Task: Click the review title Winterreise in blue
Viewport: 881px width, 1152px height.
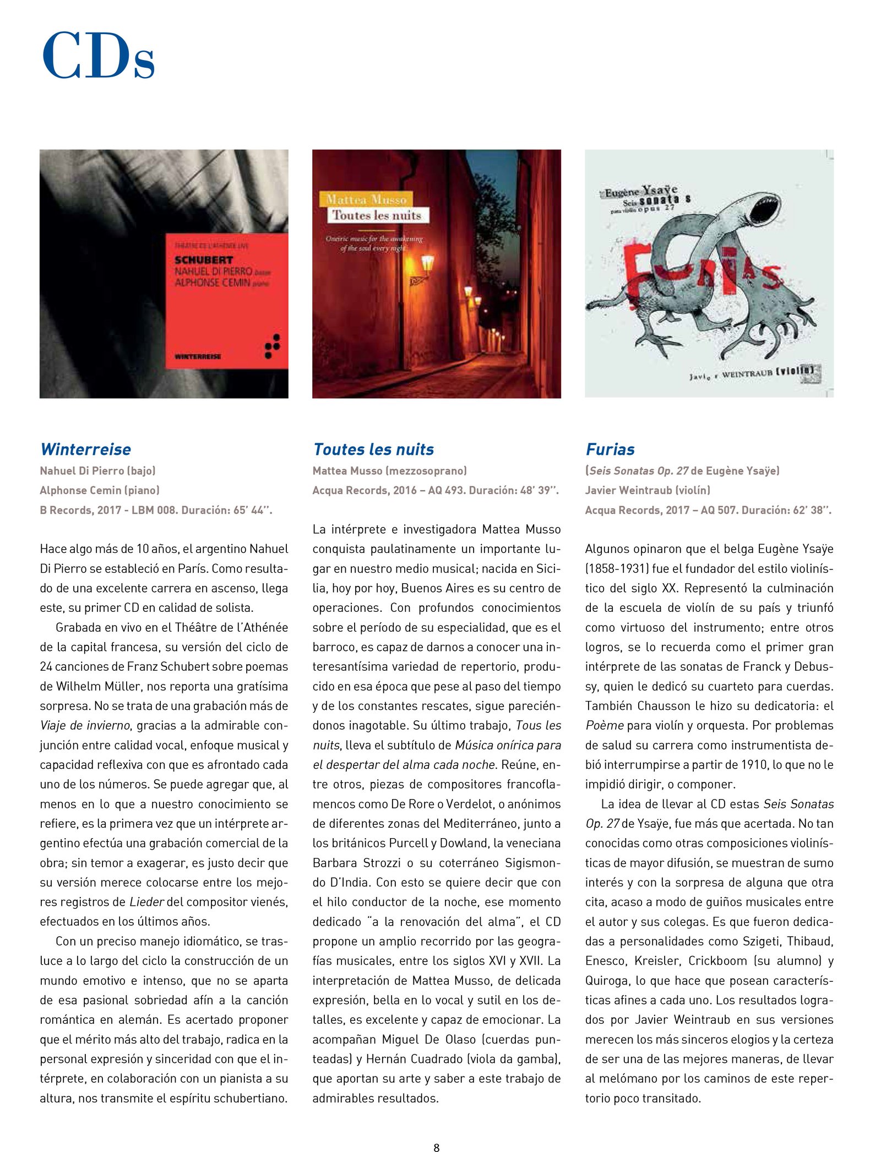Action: (x=86, y=449)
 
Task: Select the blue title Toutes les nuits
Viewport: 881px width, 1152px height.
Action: (x=373, y=449)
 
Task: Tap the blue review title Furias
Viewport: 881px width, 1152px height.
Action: (x=610, y=449)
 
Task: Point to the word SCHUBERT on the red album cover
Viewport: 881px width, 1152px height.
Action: (x=204, y=260)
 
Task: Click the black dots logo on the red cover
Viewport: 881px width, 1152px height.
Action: (x=273, y=346)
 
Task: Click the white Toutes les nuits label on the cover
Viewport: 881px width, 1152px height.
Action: (x=377, y=215)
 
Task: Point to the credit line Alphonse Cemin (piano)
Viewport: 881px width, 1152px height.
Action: (x=100, y=490)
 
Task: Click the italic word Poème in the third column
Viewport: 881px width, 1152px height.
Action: (x=605, y=725)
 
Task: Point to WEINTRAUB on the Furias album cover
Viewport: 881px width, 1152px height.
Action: (x=747, y=373)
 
